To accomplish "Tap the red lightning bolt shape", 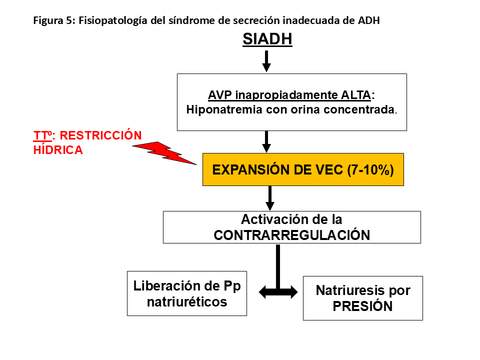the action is pyautogui.click(x=165, y=152).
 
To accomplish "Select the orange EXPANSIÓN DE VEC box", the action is pyautogui.click(x=303, y=169).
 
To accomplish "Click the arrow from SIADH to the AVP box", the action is pyautogui.click(x=266, y=60).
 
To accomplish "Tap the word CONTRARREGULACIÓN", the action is pyautogui.click(x=292, y=235).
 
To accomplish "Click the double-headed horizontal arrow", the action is pyautogui.click(x=278, y=292).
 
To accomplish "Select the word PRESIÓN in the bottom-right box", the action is pyautogui.click(x=362, y=306).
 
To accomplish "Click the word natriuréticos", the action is pyautogui.click(x=187, y=302).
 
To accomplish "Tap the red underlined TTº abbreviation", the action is pyautogui.click(x=43, y=135).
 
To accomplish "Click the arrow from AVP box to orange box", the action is pyautogui.click(x=266, y=141).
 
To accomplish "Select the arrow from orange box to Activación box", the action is pyautogui.click(x=270, y=198).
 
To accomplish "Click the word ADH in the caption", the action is pyautogui.click(x=369, y=21).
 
